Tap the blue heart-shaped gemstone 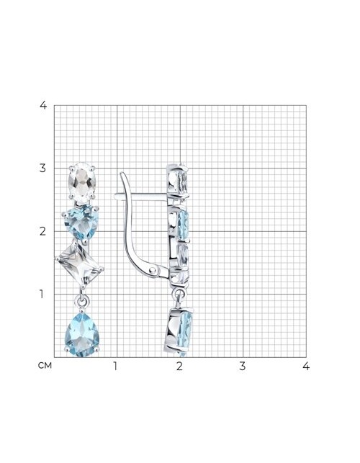tap(81, 222)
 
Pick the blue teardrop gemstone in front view tap(82, 335)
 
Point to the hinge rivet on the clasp tap(153, 269)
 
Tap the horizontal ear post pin tap(141, 195)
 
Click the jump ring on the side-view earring tap(178, 294)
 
